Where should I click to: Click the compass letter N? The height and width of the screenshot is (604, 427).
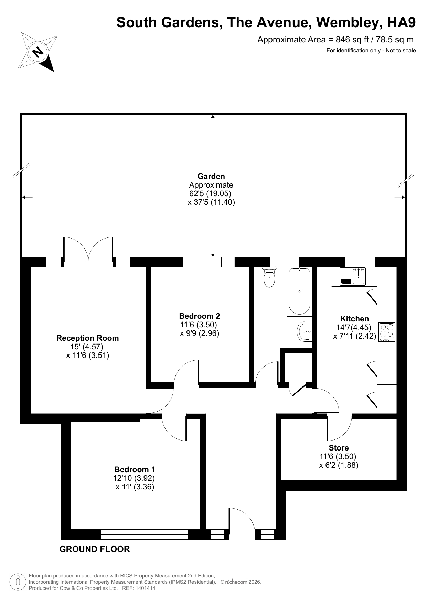tap(37, 52)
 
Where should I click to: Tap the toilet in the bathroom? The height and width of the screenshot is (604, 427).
tap(269, 278)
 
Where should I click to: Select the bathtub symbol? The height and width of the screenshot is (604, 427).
tap(299, 291)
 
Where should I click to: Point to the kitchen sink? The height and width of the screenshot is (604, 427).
tap(353, 276)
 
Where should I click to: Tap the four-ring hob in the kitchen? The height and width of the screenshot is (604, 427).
tap(386, 332)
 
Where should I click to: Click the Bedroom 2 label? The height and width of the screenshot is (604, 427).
tap(200, 316)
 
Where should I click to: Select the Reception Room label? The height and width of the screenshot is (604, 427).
tap(88, 338)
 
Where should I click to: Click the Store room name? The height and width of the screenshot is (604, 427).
tap(339, 448)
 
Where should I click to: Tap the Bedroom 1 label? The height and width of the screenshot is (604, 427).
tap(135, 469)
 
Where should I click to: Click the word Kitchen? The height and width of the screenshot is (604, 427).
tap(354, 319)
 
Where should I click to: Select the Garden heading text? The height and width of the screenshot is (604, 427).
tap(211, 176)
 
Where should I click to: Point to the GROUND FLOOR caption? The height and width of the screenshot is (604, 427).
tap(95, 549)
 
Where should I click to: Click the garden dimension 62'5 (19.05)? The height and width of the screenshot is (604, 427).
tap(210, 193)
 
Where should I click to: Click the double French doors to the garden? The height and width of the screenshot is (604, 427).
tap(88, 250)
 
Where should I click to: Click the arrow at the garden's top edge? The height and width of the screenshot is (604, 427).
tap(213, 119)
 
